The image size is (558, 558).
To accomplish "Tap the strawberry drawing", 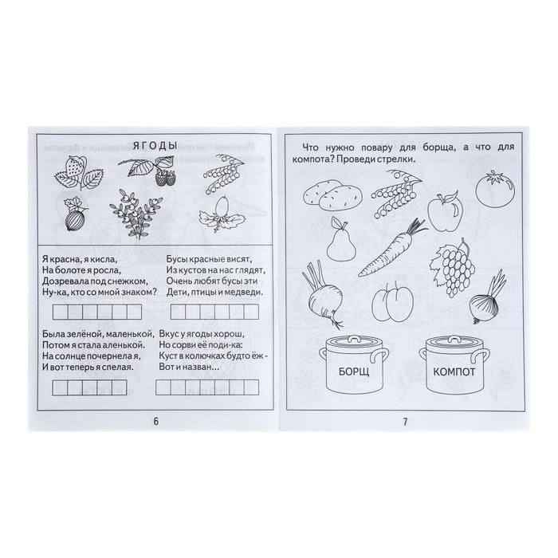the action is (79, 173).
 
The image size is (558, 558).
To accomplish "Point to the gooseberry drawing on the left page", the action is (75, 214).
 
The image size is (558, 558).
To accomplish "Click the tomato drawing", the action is (495, 189).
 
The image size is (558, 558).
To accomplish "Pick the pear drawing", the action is (340, 238).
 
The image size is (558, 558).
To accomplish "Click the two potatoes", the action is (332, 195).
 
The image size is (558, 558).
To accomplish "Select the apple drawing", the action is (445, 211).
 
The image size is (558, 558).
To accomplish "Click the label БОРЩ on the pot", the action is (354, 372).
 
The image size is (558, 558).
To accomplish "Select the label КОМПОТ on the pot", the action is (454, 372).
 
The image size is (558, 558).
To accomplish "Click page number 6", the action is (155, 422).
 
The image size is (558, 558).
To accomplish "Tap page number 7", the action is (405, 422).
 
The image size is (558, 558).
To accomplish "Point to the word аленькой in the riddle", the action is (120, 345).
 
